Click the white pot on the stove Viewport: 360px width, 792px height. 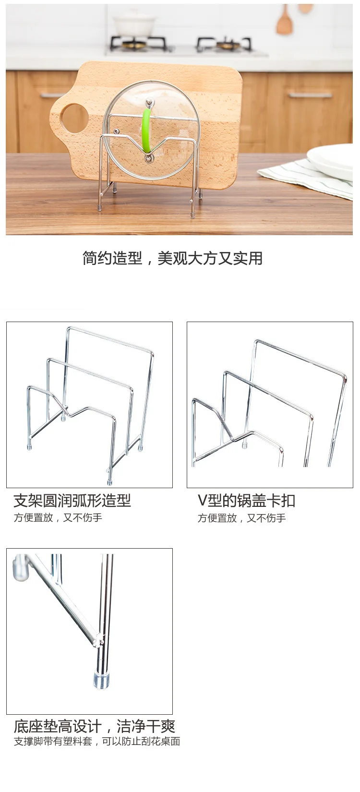click(x=134, y=24)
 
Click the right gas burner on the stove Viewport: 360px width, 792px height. click(x=226, y=45)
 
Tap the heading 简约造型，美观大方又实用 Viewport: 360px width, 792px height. click(x=172, y=258)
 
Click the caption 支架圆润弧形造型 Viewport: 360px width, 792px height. click(x=72, y=501)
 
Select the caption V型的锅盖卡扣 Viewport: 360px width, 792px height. click(x=246, y=501)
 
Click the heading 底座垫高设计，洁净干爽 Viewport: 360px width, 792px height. click(x=94, y=726)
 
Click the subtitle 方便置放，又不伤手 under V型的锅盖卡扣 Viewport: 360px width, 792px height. click(x=241, y=518)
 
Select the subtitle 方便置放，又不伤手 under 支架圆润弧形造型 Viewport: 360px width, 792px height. click(x=58, y=518)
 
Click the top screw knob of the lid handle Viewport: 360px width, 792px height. click(x=150, y=102)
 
